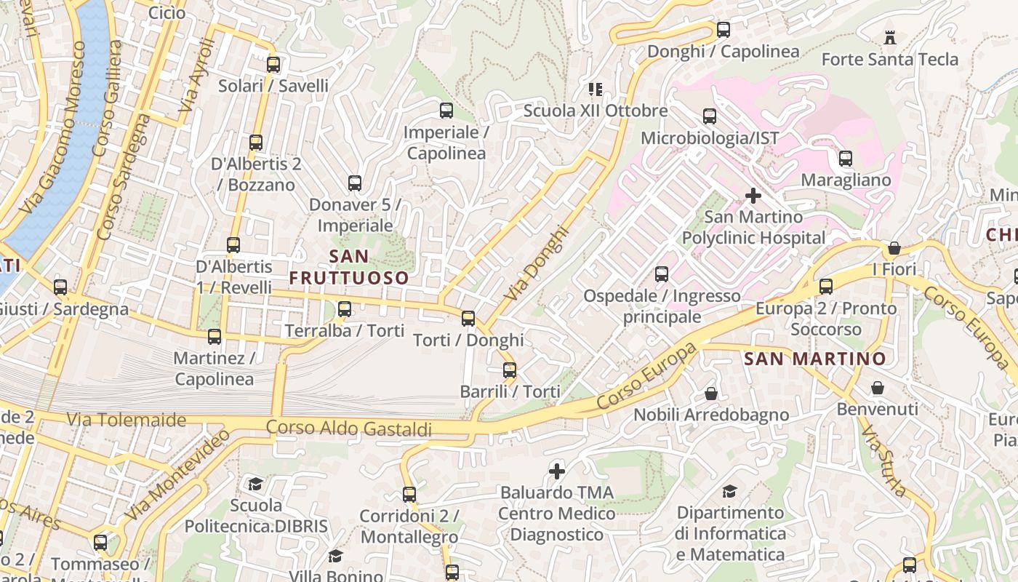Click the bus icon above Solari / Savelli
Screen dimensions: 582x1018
coord(273,65)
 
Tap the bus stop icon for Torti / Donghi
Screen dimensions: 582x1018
coord(468,319)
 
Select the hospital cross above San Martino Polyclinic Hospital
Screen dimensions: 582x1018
coord(753,196)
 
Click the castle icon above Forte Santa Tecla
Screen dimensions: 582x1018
coord(889,38)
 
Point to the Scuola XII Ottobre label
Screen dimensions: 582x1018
coord(596,111)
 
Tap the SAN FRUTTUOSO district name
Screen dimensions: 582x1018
coord(349,267)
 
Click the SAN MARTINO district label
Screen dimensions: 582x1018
coord(815,359)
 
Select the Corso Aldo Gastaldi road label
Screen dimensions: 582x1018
coord(349,428)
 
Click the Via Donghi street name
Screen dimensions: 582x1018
coord(536,264)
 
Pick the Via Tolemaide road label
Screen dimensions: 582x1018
coord(127,420)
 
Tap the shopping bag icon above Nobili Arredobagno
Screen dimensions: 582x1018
coord(711,394)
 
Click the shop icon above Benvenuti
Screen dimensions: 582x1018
coord(878,388)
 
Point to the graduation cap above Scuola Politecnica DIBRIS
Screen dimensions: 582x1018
coord(255,485)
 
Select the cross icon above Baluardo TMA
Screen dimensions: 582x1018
coord(557,471)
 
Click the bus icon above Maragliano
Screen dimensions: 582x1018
coord(846,159)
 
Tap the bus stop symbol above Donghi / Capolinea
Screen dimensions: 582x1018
coord(724,30)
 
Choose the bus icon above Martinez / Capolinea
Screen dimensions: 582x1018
coord(215,337)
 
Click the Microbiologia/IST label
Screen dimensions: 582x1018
coord(709,138)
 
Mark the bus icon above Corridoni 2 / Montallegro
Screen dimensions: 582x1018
coord(409,495)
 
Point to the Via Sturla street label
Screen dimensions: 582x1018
coord(883,462)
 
